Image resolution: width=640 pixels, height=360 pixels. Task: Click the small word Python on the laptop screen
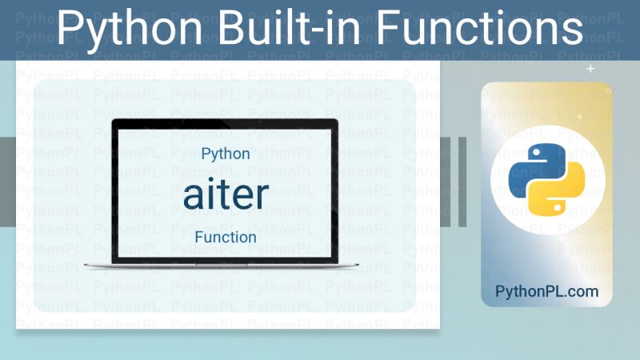226,154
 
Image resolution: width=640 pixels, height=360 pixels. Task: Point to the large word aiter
226,194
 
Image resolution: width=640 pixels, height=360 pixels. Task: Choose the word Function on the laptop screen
226,237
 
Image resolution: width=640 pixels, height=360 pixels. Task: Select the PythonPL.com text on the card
546,291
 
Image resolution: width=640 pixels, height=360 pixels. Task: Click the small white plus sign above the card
590,70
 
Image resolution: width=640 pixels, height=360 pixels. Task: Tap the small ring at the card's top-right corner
608,91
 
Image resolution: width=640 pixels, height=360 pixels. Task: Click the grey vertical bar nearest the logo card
462,182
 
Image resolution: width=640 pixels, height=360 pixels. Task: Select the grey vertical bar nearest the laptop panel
445,182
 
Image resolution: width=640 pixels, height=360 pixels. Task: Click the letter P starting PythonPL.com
500,291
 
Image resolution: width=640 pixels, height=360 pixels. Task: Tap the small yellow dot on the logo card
580,116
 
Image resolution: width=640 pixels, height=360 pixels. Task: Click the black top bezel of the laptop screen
226,122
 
